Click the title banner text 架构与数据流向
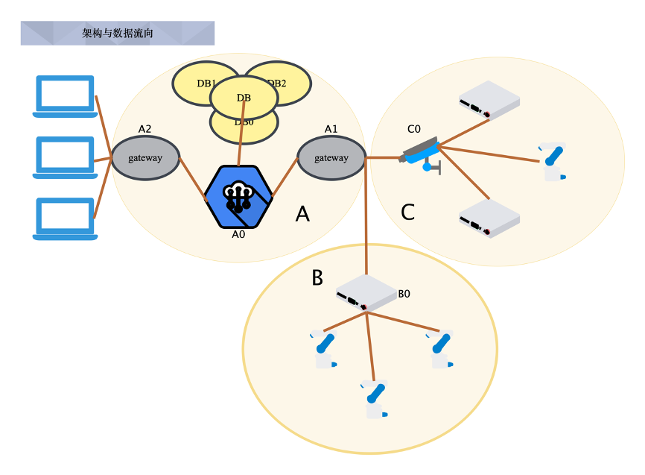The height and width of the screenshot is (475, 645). [x=118, y=34]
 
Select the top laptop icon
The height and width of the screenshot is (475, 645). [x=66, y=96]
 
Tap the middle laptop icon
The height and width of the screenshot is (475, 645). [x=66, y=157]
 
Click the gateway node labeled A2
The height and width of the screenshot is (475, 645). [x=145, y=158]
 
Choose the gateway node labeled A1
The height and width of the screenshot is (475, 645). [x=331, y=158]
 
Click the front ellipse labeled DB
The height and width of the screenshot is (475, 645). [x=244, y=98]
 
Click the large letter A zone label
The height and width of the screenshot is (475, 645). [x=302, y=214]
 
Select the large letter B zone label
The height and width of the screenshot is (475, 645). [x=317, y=278]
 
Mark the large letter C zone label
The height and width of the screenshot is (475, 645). [x=407, y=213]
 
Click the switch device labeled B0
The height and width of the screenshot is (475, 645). [x=366, y=293]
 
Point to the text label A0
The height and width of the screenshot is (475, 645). [x=239, y=233]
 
